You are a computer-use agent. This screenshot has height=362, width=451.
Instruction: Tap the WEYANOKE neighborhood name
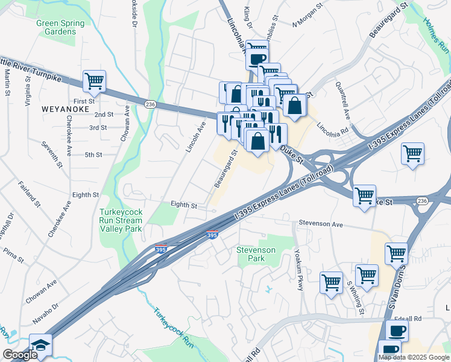pyautogui.click(x=65, y=109)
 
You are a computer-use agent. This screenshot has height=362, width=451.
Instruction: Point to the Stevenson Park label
pyautogui.click(x=256, y=254)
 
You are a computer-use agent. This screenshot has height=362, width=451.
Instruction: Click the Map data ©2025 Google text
pyautogui.click(x=413, y=357)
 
